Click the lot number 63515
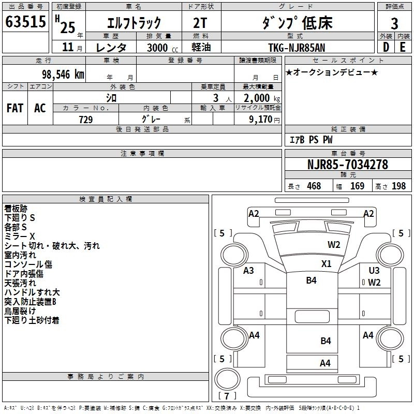click(x=25, y=23)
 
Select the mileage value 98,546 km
click(x=63, y=75)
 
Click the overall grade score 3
click(x=394, y=23)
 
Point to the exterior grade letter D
click(x=386, y=47)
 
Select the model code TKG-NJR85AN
click(x=297, y=48)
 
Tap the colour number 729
click(x=86, y=120)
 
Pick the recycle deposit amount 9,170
click(x=260, y=120)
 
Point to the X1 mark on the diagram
click(x=326, y=263)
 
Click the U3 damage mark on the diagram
click(x=374, y=270)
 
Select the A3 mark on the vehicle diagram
click(x=249, y=270)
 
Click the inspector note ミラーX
click(x=20, y=236)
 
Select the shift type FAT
click(x=14, y=108)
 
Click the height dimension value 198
click(x=398, y=186)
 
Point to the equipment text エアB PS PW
click(x=310, y=140)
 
